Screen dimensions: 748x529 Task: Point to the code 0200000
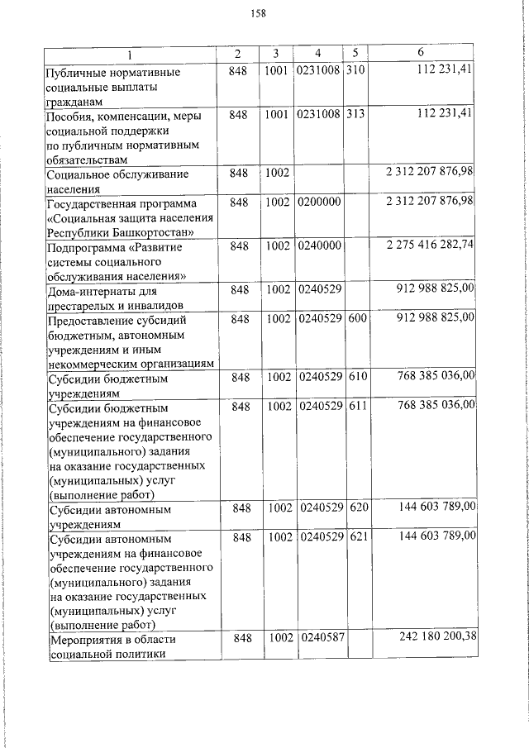point(318,202)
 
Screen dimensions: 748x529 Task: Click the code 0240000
point(318,245)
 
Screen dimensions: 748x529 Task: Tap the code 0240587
point(318,638)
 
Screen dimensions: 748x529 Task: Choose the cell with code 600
point(356,317)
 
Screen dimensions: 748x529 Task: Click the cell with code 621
point(356,536)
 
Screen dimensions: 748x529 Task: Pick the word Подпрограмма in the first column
point(85,247)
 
